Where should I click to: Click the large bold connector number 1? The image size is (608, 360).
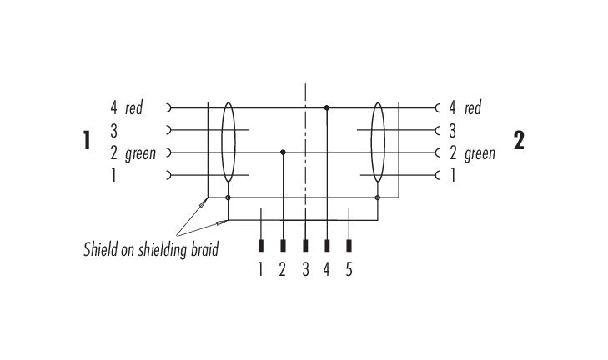pyautogui.click(x=87, y=140)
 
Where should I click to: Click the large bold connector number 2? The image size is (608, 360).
pyautogui.click(x=519, y=140)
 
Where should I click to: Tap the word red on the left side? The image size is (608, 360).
pyautogui.click(x=133, y=108)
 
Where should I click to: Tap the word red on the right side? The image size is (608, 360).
pyautogui.click(x=473, y=108)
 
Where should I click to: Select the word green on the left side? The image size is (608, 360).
pyautogui.click(x=140, y=154)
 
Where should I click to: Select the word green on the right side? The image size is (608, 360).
pyautogui.click(x=480, y=154)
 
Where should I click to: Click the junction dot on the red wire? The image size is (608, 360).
pyautogui.click(x=327, y=107)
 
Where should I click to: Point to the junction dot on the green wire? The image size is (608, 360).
pyautogui.click(x=283, y=152)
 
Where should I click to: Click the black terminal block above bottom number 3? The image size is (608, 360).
pyautogui.click(x=305, y=246)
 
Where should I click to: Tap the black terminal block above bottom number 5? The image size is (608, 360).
pyautogui.click(x=349, y=246)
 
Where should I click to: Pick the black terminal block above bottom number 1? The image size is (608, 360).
pyautogui.click(x=261, y=246)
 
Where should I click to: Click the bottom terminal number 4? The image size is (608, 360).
pyautogui.click(x=326, y=269)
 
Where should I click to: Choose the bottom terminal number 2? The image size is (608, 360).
pyautogui.click(x=282, y=269)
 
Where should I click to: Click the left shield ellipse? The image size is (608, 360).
pyautogui.click(x=222, y=142)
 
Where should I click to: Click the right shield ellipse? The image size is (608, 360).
pyautogui.click(x=371, y=142)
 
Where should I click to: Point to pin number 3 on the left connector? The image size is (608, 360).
pyautogui.click(x=113, y=131)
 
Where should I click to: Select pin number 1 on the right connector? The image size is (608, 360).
pyautogui.click(x=453, y=176)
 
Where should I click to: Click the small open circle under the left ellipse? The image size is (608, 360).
pyautogui.click(x=228, y=197)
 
